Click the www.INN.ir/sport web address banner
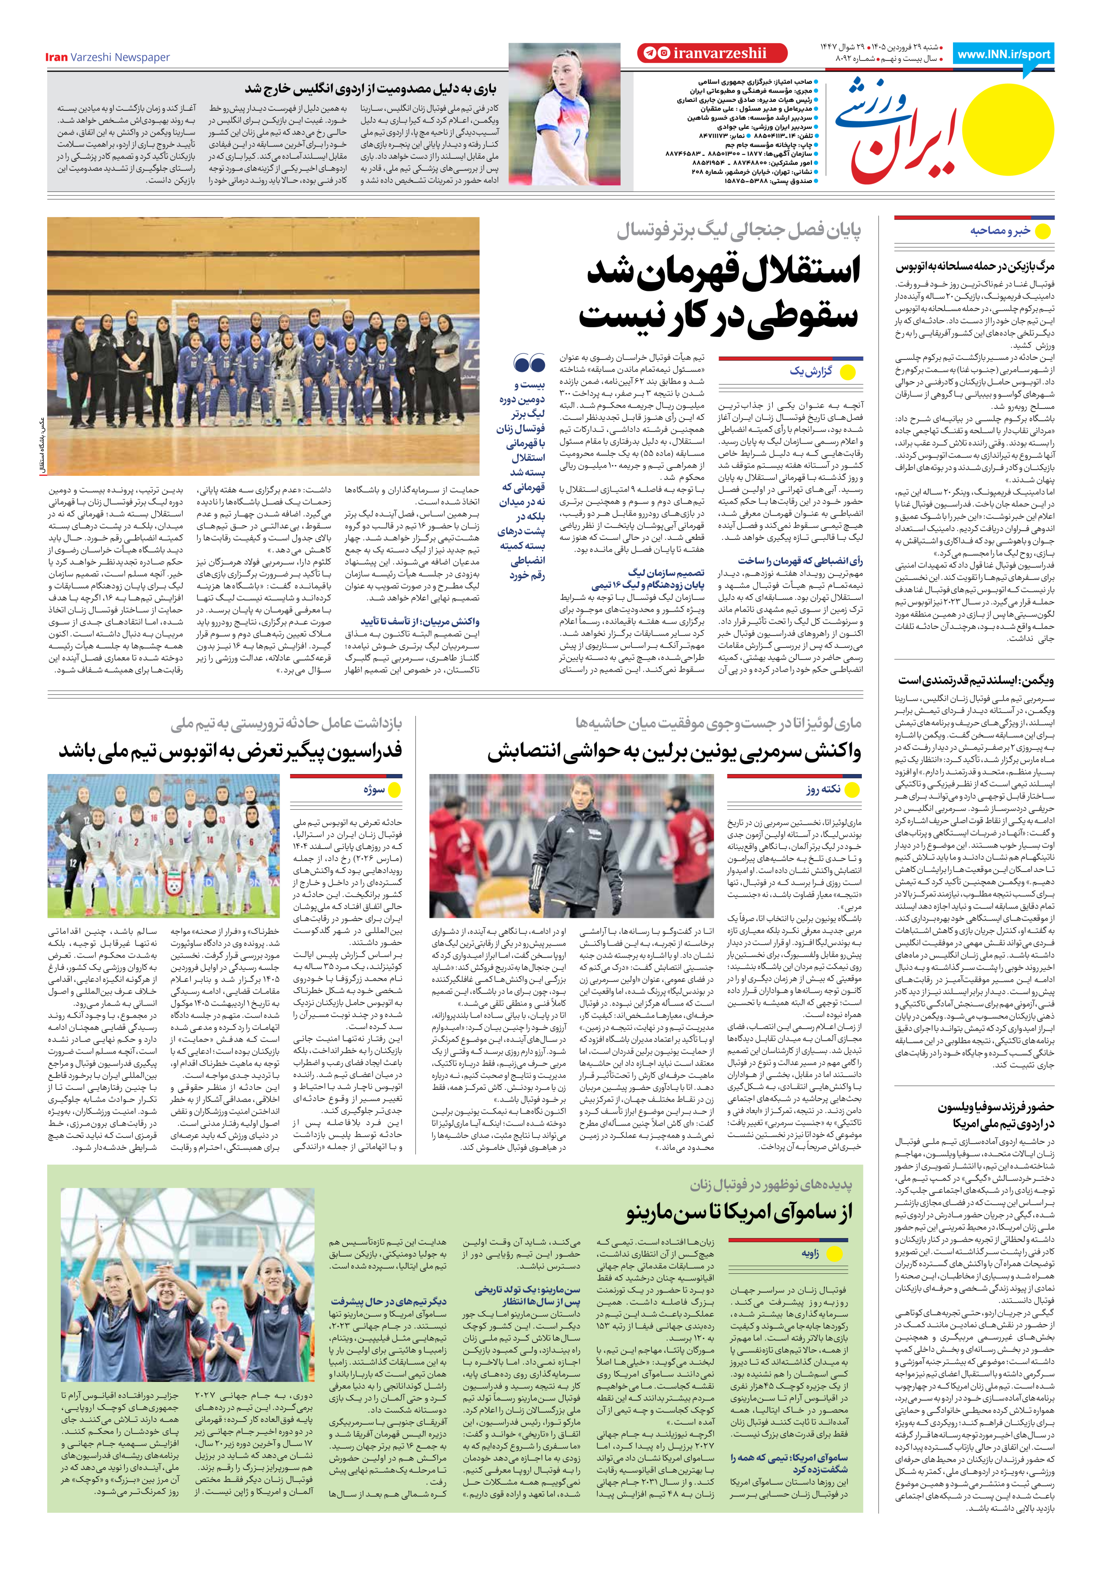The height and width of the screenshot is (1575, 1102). (1003, 55)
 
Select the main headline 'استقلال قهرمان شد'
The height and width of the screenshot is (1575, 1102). (723, 270)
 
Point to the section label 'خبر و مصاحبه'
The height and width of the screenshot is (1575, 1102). (1000, 231)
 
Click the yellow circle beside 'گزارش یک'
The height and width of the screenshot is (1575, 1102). (848, 373)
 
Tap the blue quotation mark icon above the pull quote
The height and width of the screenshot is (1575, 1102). (529, 363)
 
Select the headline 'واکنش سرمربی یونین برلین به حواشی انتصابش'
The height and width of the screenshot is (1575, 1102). (674, 752)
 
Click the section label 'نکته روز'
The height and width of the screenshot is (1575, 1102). (823, 789)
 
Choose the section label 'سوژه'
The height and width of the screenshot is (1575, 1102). (374, 789)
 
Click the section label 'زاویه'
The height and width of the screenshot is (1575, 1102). (811, 1253)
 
